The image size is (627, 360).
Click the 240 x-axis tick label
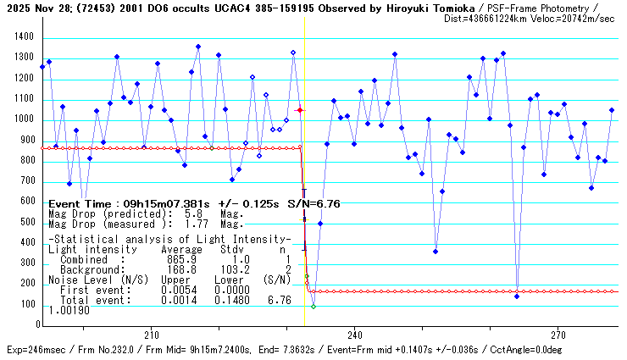coord(355,334)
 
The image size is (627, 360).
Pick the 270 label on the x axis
coord(558,334)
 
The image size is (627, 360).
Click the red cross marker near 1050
coord(299,110)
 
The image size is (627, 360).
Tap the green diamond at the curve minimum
coord(313,306)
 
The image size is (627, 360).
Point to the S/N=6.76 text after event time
coord(316,204)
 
